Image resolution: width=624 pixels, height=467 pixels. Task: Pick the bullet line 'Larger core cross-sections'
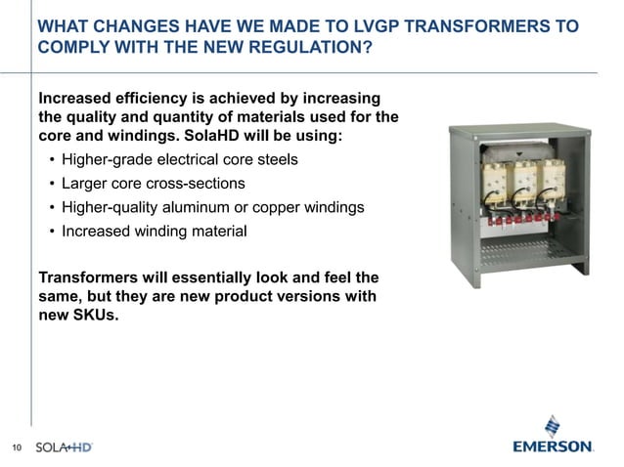pos(153,183)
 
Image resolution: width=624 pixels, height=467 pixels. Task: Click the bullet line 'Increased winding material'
pos(153,232)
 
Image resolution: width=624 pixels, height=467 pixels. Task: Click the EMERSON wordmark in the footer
pos(553,446)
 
